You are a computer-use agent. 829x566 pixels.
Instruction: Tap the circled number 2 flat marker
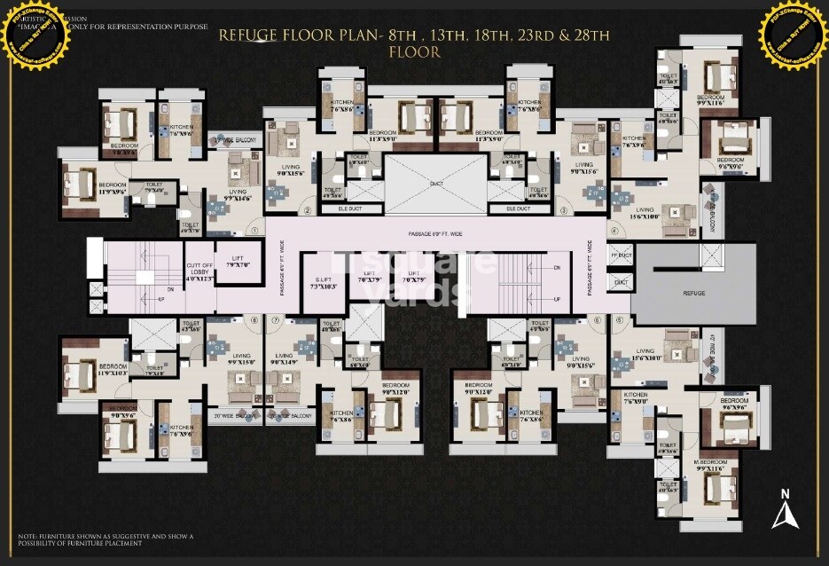tap(308, 210)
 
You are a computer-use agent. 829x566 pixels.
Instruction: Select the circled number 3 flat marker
tap(564, 210)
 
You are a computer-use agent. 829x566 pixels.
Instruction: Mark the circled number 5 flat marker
tap(619, 320)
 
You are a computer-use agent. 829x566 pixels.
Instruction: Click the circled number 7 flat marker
tap(276, 320)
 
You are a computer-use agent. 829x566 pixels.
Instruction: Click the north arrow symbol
tap(782, 512)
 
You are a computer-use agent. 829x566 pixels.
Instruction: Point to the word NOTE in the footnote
tap(27, 537)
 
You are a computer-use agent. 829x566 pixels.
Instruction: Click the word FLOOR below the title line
tap(414, 52)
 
